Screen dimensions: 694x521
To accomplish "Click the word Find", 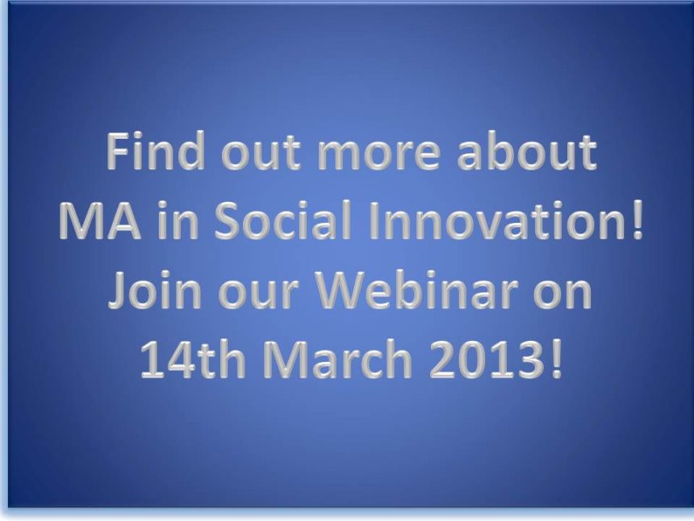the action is point(156,151).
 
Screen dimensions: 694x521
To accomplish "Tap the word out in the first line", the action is point(261,153).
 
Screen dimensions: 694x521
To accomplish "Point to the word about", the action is point(527,152).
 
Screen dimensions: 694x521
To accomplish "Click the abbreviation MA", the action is point(99,221).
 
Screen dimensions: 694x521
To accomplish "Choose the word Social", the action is point(282,220).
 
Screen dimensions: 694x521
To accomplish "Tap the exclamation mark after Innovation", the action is point(637,221).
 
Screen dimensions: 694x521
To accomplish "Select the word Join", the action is point(155,290).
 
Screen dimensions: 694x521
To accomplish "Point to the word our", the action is point(257,294).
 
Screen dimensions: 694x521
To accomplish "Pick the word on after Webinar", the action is point(562,294).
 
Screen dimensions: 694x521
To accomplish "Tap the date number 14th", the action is point(193,359).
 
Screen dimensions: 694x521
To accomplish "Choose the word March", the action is point(338,359).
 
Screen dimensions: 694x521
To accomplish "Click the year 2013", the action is point(487,359).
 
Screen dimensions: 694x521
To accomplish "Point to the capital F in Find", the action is point(118,152).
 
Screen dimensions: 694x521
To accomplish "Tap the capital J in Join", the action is point(119,290).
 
